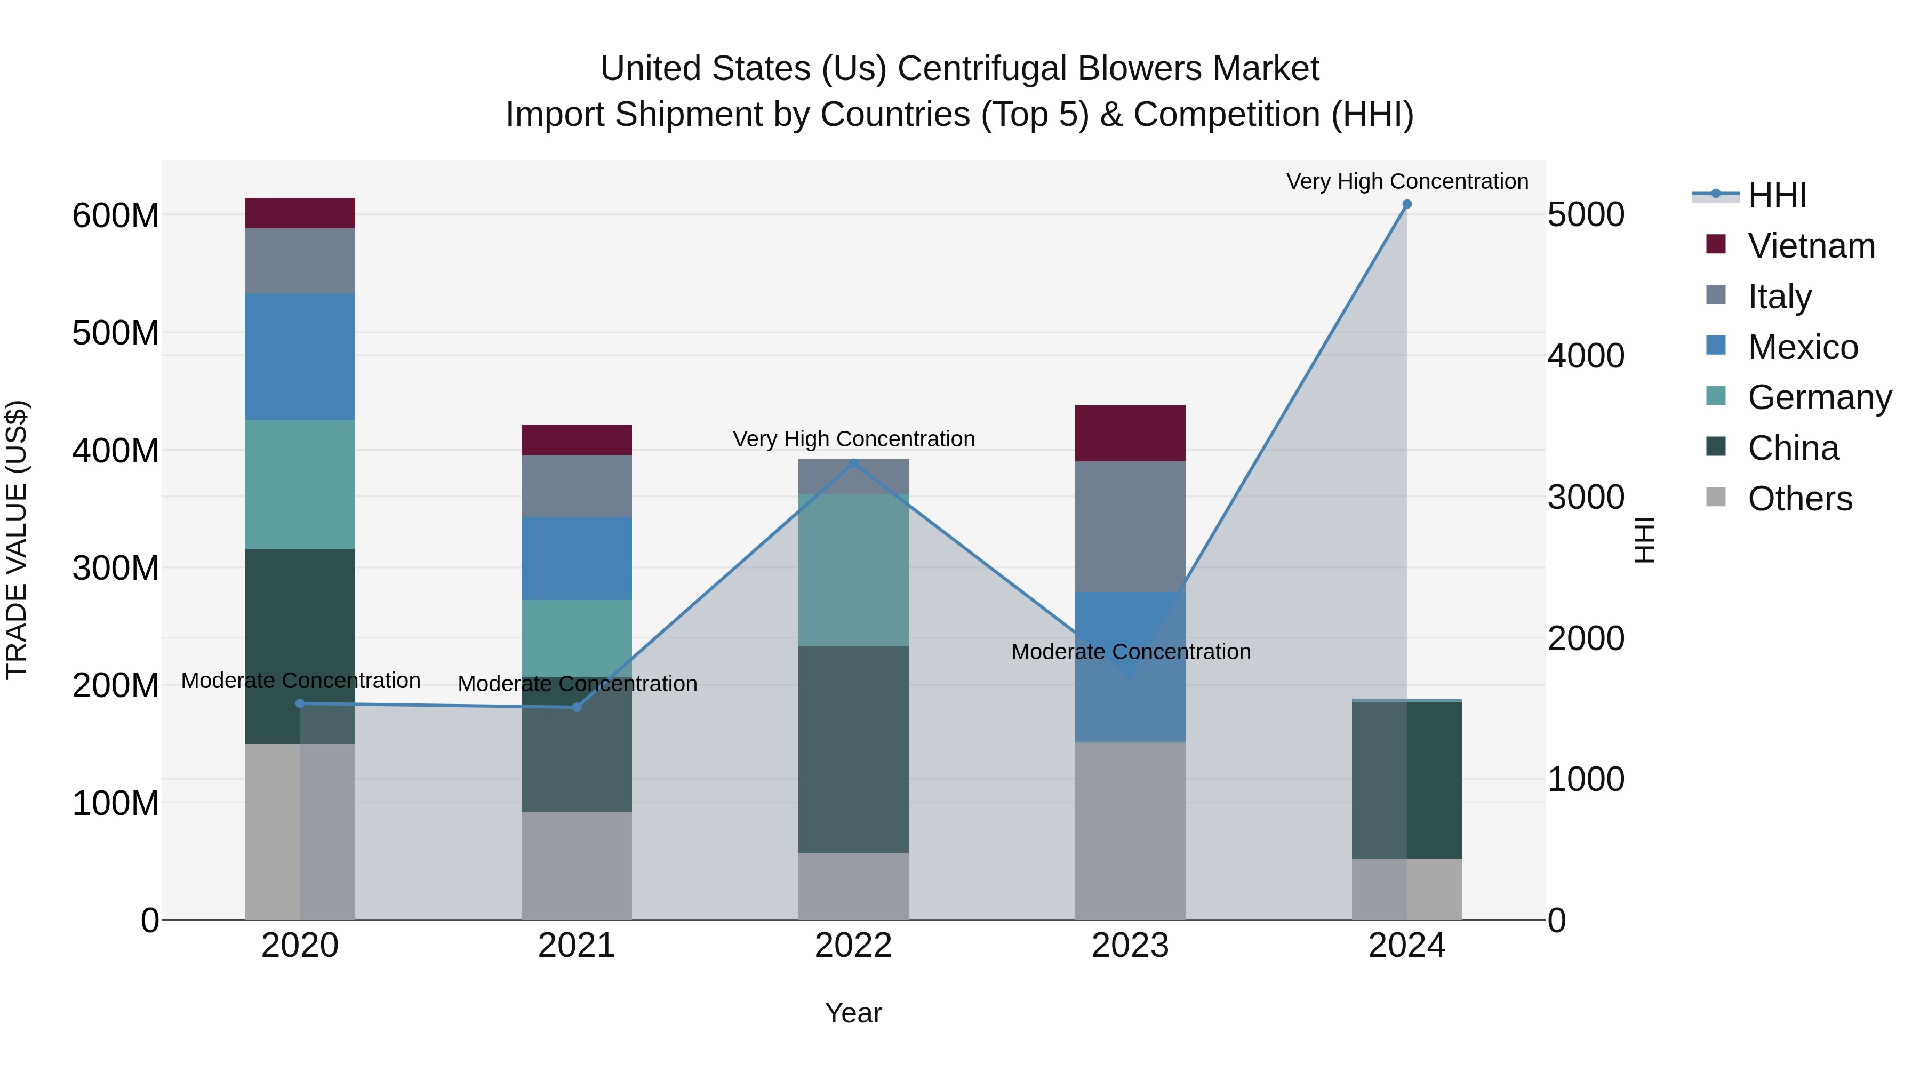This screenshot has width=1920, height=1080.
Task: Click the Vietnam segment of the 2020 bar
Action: [300, 213]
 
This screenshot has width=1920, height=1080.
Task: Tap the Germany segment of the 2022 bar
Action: [853, 570]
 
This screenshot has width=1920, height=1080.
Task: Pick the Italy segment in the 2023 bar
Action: [1130, 526]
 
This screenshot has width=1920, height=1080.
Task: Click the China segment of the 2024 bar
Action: [1406, 780]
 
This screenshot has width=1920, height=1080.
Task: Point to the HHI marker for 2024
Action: [1406, 204]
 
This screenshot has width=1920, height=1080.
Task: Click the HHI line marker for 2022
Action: [853, 463]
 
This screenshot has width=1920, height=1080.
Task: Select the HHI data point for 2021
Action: [576, 707]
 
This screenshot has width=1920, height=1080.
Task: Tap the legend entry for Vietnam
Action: [1811, 246]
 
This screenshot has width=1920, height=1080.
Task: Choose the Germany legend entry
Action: [1819, 397]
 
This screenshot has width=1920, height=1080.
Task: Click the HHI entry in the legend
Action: [1777, 195]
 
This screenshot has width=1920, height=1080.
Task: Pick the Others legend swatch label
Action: [1800, 499]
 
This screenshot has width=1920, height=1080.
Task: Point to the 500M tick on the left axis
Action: [116, 333]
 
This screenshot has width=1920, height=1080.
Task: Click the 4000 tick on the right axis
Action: [1586, 356]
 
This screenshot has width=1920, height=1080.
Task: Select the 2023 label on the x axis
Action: [1130, 946]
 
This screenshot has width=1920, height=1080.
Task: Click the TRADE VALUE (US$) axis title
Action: [17, 540]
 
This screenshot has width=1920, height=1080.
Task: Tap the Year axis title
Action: [853, 1013]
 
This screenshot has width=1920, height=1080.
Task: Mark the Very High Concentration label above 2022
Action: [853, 439]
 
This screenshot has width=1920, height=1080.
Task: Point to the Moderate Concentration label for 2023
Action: [1130, 651]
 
